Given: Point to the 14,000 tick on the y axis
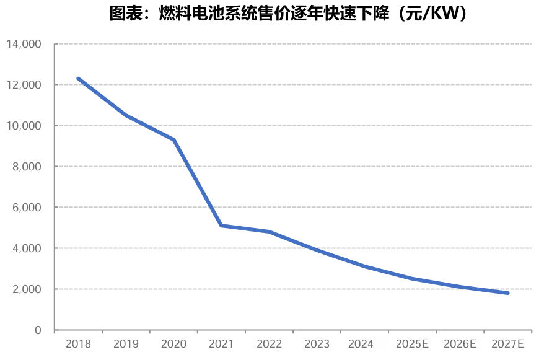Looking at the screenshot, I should pos(24,44).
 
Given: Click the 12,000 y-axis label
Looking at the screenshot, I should pos(24,85).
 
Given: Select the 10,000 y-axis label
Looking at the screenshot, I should pos(24,126).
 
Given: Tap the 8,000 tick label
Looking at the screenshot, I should pos(27,167).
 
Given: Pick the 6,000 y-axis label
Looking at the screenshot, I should pos(27,208).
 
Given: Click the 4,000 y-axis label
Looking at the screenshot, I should pos(27,248).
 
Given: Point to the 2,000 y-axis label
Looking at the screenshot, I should pos(27,289).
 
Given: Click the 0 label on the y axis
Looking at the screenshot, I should pos(38,330).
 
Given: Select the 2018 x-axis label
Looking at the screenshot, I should pos(78,344).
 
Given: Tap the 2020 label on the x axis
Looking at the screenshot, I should pos(173,344).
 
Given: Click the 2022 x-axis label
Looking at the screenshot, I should pos(269,344).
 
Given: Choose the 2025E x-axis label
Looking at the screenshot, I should pos(412,344).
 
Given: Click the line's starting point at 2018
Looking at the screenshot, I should pos(78,79).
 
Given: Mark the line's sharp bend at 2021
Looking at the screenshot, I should pos(221,226).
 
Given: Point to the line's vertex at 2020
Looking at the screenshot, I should pos(173,140).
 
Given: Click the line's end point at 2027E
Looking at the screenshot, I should pos(507,293).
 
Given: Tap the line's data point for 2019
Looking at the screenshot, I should pos(126,115).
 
